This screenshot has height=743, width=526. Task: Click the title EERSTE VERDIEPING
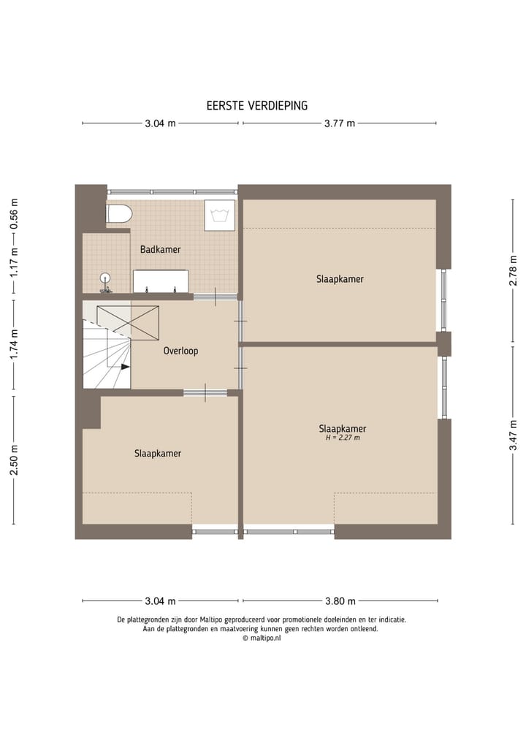tap(256, 105)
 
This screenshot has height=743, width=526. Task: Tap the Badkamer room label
tap(160, 249)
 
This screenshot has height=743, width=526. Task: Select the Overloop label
tap(180, 351)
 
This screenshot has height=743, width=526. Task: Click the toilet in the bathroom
tap(118, 213)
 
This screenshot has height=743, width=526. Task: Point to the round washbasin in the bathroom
tap(106, 278)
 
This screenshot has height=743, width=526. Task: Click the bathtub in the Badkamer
tap(161, 281)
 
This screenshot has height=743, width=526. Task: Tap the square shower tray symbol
tap(219, 214)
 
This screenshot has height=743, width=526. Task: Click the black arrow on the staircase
tap(125, 367)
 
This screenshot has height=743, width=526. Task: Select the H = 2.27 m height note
tap(343, 438)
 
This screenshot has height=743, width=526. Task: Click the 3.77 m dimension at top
tap(340, 123)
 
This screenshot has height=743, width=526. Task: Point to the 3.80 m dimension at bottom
tap(340, 601)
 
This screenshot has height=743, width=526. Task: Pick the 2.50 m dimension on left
tap(14, 459)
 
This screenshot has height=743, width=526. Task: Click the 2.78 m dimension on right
tap(513, 270)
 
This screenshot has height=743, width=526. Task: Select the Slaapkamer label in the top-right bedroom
tap(340, 279)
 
